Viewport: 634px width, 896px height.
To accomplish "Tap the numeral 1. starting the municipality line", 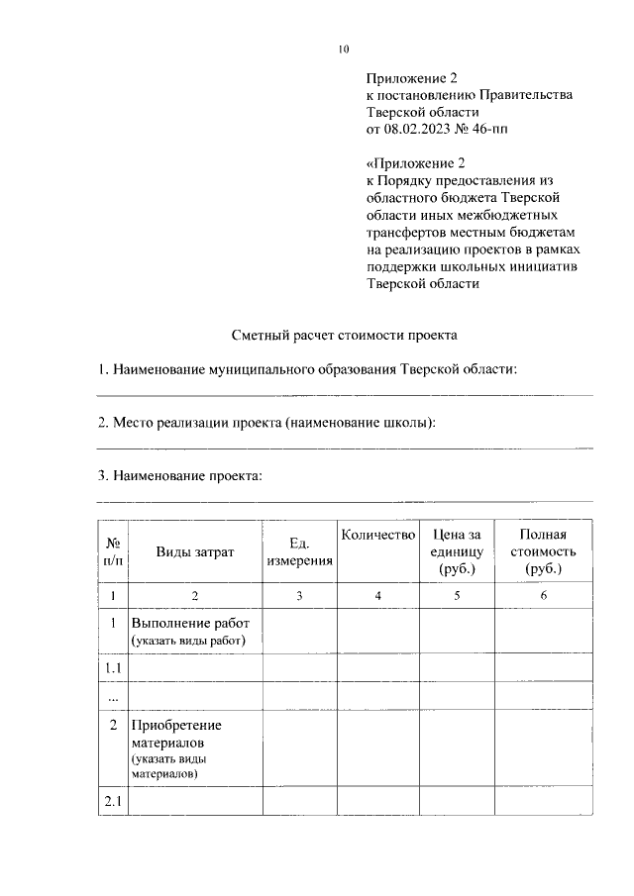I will pyautogui.click(x=102, y=369).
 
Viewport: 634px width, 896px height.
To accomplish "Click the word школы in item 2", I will pyautogui.click(x=404, y=423).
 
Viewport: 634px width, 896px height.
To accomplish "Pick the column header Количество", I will pyautogui.click(x=377, y=536).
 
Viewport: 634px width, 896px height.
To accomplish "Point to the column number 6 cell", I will pyautogui.click(x=542, y=596).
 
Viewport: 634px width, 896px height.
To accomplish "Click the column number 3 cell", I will pyautogui.click(x=299, y=596).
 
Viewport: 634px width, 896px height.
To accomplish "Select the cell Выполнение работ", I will pyautogui.click(x=189, y=631).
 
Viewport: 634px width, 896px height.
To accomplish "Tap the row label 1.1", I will pyautogui.click(x=114, y=668).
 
